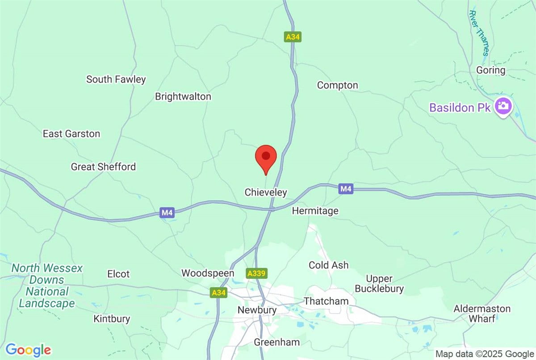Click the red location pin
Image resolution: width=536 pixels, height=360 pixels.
pyautogui.click(x=266, y=157)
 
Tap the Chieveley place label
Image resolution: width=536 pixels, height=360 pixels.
pyautogui.click(x=266, y=193)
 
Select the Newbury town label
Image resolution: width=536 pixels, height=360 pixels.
pyautogui.click(x=257, y=310)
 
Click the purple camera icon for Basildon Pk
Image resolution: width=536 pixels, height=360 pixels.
pyautogui.click(x=504, y=106)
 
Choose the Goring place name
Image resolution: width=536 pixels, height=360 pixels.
pyautogui.click(x=490, y=71)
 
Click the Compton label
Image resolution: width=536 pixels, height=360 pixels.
pyautogui.click(x=337, y=85)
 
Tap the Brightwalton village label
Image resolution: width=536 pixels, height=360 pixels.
pyautogui.click(x=183, y=96)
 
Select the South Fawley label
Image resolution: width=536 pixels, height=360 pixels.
pyautogui.click(x=116, y=80)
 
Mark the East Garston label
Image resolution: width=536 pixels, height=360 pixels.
pyautogui.click(x=71, y=134)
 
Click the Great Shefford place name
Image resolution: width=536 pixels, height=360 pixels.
pyautogui.click(x=103, y=167)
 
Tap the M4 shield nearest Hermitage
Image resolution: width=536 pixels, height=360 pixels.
pyautogui.click(x=346, y=189)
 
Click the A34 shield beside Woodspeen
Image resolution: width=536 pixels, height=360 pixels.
pyautogui.click(x=219, y=293)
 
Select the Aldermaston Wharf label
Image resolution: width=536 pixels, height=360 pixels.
pyautogui.click(x=482, y=313)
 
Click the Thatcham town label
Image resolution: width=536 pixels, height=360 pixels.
pyautogui.click(x=326, y=301)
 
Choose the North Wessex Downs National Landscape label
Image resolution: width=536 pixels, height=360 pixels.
pyautogui.click(x=46, y=286)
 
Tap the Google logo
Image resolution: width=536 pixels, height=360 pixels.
pyautogui.click(x=28, y=349)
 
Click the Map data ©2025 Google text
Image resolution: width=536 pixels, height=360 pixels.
pyautogui.click(x=485, y=354)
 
